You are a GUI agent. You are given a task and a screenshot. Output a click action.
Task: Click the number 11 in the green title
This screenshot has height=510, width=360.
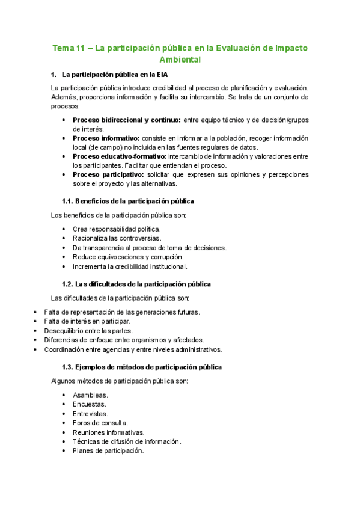click(x=79, y=48)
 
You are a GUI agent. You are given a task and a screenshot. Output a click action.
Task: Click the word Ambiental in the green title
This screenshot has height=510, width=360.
click(x=180, y=60)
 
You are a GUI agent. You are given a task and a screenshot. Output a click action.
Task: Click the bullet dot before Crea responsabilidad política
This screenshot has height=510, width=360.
click(x=64, y=229)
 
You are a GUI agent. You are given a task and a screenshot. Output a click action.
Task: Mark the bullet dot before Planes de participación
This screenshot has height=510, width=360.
click(x=64, y=451)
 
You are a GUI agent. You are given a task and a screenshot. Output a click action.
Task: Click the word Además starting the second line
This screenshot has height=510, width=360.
click(x=64, y=97)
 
